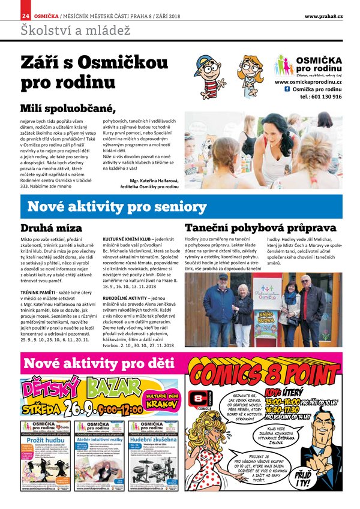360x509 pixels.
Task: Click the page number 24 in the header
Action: click(25, 15)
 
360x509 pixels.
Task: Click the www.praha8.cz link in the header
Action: click(323, 16)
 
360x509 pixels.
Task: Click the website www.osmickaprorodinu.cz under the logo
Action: click(308, 82)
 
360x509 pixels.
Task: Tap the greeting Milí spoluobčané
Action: click(67, 108)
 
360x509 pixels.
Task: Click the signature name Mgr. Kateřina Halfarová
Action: click(154, 180)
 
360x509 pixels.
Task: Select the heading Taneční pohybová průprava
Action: click(260, 228)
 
